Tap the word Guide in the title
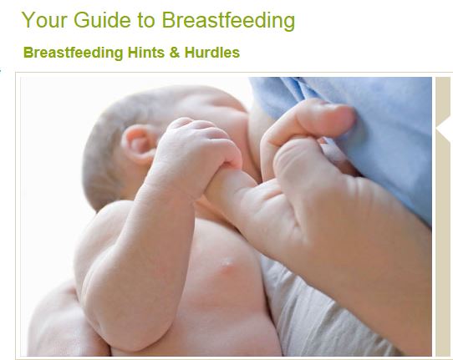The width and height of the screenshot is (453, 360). click(x=102, y=20)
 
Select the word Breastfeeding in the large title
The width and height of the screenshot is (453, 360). click(x=228, y=21)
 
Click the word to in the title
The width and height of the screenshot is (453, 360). click(x=146, y=21)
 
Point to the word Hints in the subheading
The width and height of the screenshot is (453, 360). click(x=146, y=53)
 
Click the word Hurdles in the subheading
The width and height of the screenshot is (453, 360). click(x=212, y=53)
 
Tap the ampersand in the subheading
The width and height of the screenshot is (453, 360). click(x=175, y=53)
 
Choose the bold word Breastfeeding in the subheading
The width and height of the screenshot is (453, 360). click(x=73, y=53)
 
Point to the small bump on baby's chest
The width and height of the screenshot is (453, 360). click(x=227, y=265)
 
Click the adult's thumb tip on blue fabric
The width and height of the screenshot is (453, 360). click(x=341, y=118)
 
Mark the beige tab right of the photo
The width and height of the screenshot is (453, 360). click(x=443, y=216)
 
